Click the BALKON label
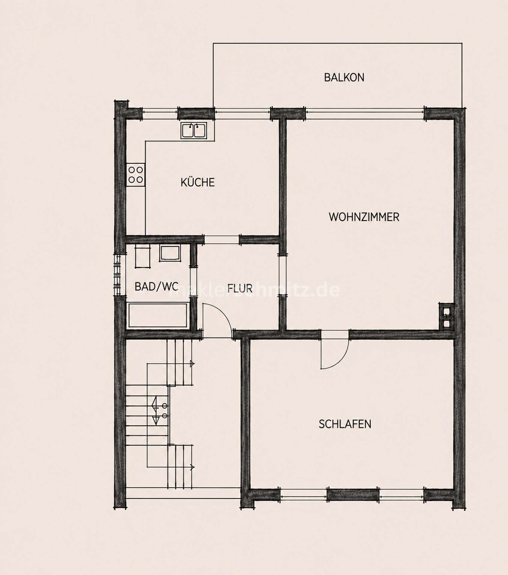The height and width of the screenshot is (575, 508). [x=344, y=77]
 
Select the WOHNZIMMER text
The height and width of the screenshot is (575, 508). [x=364, y=217]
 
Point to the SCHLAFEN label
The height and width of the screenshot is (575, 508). [x=345, y=424]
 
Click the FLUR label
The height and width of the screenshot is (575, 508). [x=240, y=288]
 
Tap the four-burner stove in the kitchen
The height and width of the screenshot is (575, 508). [x=136, y=175]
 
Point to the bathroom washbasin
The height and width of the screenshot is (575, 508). [x=170, y=253]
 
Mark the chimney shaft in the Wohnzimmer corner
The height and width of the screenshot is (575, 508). [x=446, y=316]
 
